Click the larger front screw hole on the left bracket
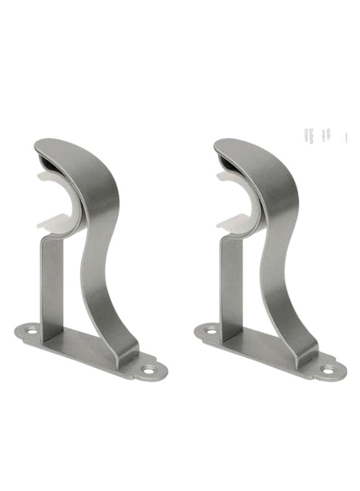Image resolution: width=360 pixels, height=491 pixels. pyautogui.click(x=147, y=370)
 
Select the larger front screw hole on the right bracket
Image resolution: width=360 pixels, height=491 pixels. pyautogui.click(x=327, y=370)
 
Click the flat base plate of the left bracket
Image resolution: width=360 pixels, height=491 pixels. pyautogui.click(x=82, y=349)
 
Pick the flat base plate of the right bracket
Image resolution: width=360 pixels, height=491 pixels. pyautogui.click(x=262, y=349)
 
